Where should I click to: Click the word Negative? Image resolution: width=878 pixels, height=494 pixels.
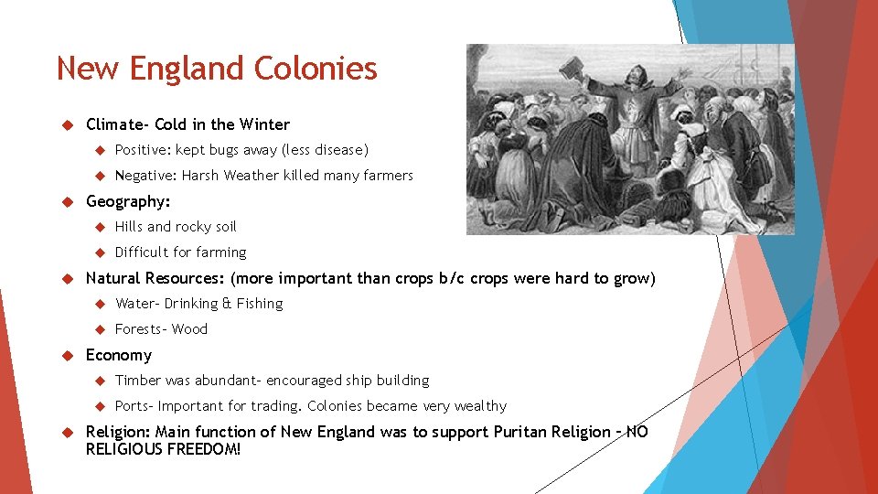click(x=145, y=176)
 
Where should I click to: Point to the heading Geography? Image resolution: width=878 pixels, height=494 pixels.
click(x=127, y=201)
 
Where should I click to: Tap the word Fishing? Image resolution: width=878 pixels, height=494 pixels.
click(x=260, y=304)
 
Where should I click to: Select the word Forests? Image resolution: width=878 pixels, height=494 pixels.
click(x=138, y=329)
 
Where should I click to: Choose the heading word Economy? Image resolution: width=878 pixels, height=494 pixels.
click(x=118, y=355)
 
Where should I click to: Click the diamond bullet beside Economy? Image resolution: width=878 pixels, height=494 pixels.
click(x=65, y=355)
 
